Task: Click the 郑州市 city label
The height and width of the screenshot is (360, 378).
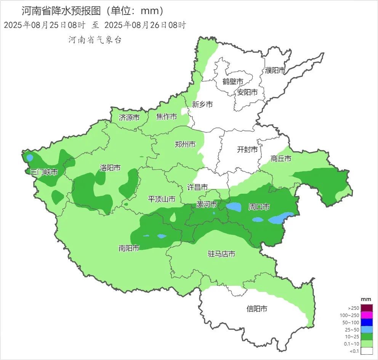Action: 185,144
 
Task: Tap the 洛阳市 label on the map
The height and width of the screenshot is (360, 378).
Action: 110,167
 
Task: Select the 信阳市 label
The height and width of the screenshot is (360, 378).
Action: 257,309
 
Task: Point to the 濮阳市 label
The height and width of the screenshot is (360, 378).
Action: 275,70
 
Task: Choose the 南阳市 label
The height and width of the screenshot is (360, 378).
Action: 128,248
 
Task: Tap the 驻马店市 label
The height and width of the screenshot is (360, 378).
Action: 221,254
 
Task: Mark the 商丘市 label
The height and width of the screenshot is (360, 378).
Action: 281,159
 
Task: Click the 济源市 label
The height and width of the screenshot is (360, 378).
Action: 129,118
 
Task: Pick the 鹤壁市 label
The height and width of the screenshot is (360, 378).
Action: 233,81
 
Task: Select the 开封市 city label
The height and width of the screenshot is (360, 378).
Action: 247,150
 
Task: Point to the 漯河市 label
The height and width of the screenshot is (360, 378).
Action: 206,205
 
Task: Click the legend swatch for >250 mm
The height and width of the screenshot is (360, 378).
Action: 366,308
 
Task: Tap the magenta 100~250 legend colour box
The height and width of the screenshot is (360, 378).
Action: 366,315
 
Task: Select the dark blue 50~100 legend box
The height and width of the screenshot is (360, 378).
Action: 366,322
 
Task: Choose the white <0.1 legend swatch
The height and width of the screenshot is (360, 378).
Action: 366,351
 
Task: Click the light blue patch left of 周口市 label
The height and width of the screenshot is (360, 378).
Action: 234,207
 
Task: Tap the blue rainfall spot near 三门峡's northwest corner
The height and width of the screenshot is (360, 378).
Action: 30,157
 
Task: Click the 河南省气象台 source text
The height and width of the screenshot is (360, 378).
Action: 95,40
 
